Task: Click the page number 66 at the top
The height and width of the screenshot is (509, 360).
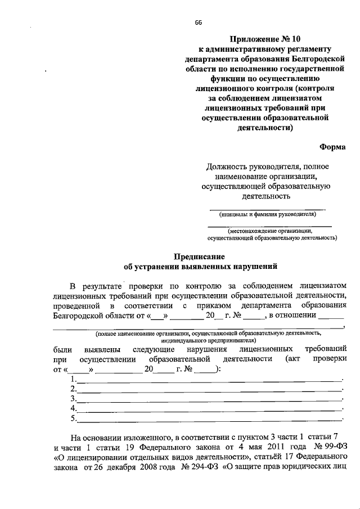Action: (198, 22)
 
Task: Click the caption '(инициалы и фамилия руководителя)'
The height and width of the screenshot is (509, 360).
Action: (268, 214)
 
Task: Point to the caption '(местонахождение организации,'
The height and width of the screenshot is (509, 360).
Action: (269, 231)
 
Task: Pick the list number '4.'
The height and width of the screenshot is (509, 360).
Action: (73, 409)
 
